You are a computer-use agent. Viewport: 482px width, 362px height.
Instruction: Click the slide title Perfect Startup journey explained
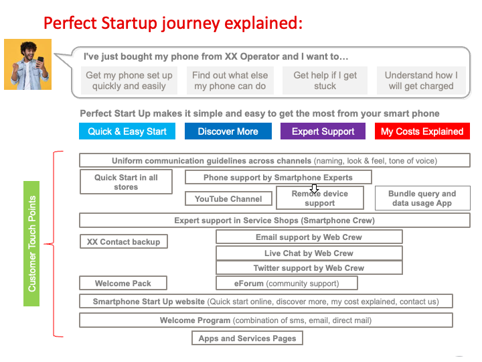click(x=173, y=23)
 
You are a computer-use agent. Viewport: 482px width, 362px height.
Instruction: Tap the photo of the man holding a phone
click(x=27, y=64)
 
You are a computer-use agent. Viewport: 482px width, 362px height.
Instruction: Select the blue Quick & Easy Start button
click(x=127, y=131)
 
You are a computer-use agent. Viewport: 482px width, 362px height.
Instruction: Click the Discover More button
click(x=228, y=131)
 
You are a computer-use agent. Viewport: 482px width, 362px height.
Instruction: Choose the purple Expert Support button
click(x=323, y=131)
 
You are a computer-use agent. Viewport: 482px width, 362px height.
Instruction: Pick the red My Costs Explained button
click(x=422, y=131)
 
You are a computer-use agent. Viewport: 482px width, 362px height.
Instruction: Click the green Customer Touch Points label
click(x=32, y=243)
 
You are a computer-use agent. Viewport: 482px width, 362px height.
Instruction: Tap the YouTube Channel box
click(x=228, y=199)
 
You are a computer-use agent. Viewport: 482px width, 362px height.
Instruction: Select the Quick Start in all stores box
click(x=126, y=182)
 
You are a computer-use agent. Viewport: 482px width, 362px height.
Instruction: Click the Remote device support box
click(x=319, y=199)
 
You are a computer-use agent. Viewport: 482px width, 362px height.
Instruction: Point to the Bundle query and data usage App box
click(x=422, y=198)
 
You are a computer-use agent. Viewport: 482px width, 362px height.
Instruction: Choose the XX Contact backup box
click(x=123, y=241)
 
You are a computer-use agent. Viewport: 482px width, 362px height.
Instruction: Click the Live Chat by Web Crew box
click(x=309, y=253)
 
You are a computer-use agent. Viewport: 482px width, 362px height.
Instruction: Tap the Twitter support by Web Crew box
click(x=309, y=268)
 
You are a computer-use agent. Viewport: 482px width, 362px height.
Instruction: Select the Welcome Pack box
click(x=123, y=284)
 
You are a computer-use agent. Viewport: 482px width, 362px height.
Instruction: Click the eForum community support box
click(x=286, y=284)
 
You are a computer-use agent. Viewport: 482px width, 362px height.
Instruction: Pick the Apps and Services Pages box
click(x=247, y=339)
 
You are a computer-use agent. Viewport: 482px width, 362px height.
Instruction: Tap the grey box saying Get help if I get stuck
click(x=325, y=80)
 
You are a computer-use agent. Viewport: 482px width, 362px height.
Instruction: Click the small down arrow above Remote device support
click(x=315, y=189)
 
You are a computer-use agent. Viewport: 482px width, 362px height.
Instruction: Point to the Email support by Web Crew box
click(x=309, y=237)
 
